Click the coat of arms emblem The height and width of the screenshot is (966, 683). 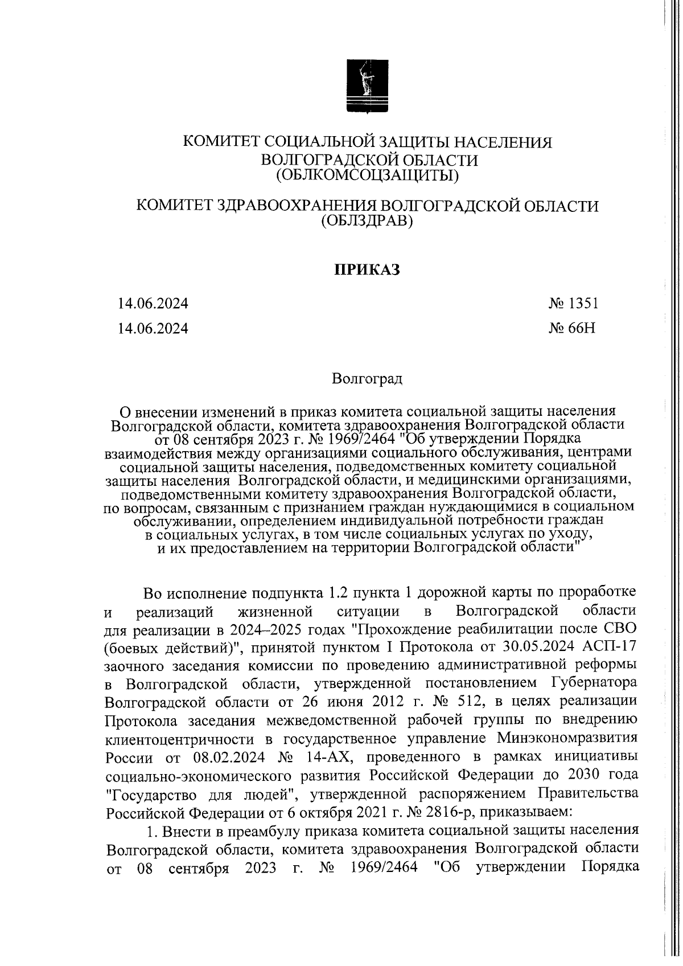click(x=368, y=88)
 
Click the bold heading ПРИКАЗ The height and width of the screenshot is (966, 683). click(x=367, y=269)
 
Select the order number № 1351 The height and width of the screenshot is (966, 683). click(x=573, y=303)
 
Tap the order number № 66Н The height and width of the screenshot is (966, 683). click(x=573, y=328)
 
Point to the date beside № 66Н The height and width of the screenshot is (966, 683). click(x=153, y=328)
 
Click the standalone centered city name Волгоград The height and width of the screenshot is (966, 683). click(x=367, y=379)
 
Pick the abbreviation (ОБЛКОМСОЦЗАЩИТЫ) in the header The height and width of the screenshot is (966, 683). click(x=367, y=176)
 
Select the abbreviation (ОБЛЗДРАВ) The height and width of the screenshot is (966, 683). click(x=367, y=221)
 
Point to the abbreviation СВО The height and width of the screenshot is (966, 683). click(x=617, y=628)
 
